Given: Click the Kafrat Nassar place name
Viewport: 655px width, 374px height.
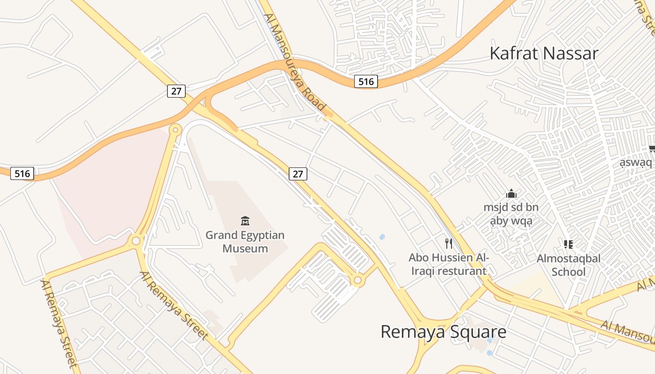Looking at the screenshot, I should [544, 53].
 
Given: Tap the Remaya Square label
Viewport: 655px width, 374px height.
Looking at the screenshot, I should [443, 331].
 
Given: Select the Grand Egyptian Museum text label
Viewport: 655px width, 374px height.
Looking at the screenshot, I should [245, 242].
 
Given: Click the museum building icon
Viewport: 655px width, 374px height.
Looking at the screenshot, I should [245, 221].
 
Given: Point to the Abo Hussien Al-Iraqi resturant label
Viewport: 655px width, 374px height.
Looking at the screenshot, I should [448, 264].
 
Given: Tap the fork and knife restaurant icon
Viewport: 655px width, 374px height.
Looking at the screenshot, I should [448, 243].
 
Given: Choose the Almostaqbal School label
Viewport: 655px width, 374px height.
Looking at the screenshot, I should [568, 265].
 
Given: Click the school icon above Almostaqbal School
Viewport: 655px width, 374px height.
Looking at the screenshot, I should [568, 244].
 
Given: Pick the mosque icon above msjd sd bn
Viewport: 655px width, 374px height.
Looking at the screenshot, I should [511, 194].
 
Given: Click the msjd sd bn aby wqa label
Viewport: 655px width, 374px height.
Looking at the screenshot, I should [511, 214].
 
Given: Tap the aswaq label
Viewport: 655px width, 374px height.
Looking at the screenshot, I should [635, 163].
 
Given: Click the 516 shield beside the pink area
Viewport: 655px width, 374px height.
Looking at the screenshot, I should [22, 174].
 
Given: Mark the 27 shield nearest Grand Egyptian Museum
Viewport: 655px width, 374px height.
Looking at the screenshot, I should [298, 174].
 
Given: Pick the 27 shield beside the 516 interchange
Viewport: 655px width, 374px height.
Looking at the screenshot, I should [176, 91].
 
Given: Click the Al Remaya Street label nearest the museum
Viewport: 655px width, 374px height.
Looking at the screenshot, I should [174, 305].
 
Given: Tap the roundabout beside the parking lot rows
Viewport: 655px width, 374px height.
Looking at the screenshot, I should [358, 280].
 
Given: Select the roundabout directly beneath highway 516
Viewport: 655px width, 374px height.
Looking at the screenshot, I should [176, 129].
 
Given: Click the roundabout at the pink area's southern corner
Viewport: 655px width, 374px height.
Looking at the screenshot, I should [136, 241].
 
